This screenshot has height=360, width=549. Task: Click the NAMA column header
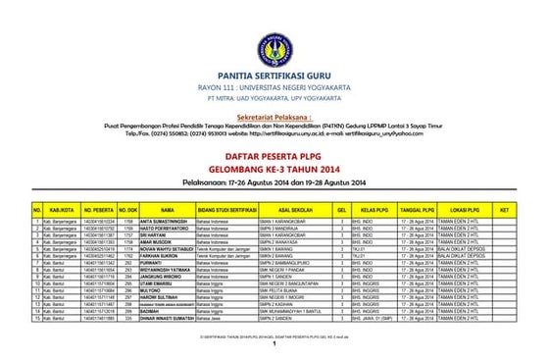click(168, 209)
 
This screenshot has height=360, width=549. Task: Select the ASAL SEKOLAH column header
click(292, 209)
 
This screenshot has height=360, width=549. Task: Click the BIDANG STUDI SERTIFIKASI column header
click(226, 209)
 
